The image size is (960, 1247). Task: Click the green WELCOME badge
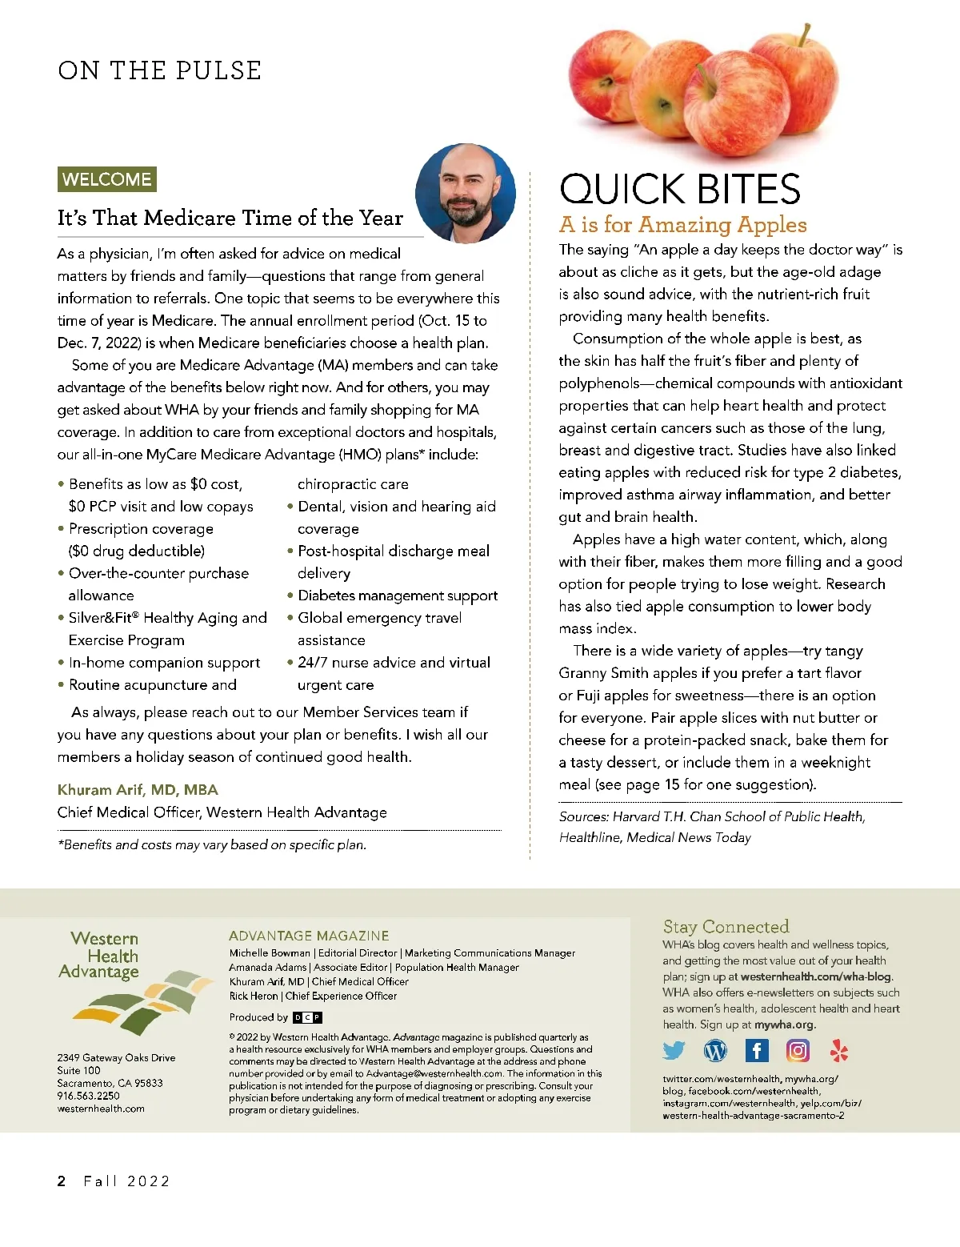point(106,179)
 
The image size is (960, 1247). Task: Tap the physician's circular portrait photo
point(465,193)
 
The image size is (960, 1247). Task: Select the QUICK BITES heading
point(679,190)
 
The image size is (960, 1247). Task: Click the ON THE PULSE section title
point(159,70)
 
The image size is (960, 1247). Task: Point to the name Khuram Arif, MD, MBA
point(138,790)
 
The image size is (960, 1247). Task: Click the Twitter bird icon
point(674,1050)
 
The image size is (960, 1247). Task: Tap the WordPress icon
point(715,1050)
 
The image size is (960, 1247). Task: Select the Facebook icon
point(756,1050)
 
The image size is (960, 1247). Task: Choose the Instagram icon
point(798,1050)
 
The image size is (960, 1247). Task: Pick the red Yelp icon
point(838,1050)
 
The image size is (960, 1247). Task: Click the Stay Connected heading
point(726,927)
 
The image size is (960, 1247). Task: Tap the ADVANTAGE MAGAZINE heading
point(309,936)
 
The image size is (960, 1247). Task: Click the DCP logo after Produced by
point(307,1017)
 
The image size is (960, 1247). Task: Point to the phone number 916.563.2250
point(88,1096)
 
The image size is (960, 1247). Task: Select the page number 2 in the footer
point(62,1181)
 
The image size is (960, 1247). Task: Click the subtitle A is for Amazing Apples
point(682,225)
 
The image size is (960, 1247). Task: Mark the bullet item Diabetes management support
point(398,595)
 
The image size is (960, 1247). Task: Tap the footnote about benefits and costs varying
point(212,845)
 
